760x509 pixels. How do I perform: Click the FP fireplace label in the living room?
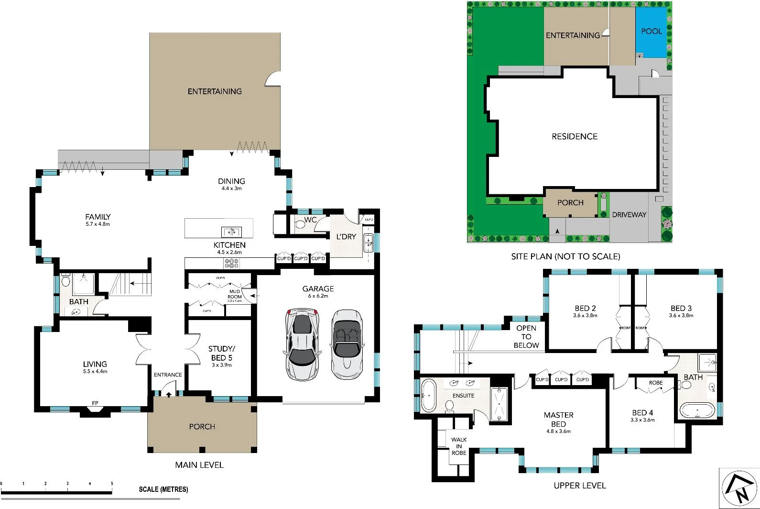[95, 403]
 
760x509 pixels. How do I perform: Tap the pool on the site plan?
[651, 32]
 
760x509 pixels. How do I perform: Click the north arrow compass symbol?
[739, 488]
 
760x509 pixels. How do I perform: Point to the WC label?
[311, 220]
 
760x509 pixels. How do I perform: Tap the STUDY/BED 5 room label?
[221, 354]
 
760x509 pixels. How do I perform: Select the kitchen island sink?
[231, 232]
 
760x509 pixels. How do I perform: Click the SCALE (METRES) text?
[163, 489]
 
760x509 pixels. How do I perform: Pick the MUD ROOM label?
[235, 294]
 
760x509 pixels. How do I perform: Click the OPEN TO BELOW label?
[526, 336]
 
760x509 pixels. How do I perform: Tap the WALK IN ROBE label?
[459, 446]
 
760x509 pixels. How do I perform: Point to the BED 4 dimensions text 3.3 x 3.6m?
[642, 420]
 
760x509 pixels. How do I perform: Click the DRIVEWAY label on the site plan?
[629, 215]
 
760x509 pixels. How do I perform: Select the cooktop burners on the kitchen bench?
[231, 263]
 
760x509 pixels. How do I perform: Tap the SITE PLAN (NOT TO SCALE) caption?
[565, 256]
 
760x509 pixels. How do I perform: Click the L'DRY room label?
[346, 236]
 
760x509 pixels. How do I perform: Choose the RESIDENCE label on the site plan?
[575, 136]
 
